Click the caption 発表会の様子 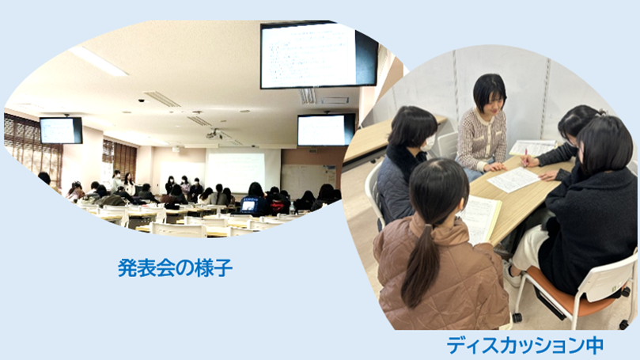coord(175,268)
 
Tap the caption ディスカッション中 coord(525,345)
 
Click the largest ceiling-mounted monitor coord(319,55)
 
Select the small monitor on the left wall coord(61,131)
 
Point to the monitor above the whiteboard coord(326,131)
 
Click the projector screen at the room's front coord(242,169)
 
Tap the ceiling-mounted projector coord(214,135)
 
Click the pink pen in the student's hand coord(524,158)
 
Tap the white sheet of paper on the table coord(513,180)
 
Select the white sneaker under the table coord(512,275)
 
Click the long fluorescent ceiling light coord(98,61)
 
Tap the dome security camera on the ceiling coord(142,100)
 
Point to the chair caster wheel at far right coord(624,325)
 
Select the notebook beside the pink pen coord(532,147)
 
